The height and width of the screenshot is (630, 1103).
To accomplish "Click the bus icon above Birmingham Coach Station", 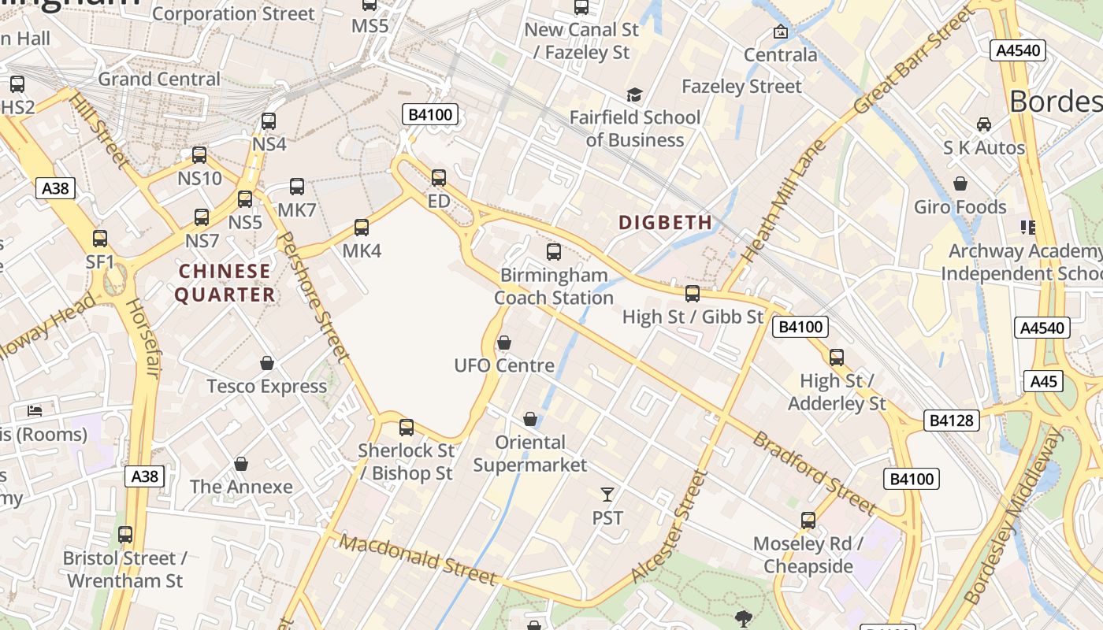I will point(554,252).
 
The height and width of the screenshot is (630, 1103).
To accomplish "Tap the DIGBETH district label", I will point(666,223).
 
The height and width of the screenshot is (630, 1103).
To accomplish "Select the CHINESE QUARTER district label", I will point(225,283).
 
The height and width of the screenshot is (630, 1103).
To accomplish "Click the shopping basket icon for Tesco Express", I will point(267,363).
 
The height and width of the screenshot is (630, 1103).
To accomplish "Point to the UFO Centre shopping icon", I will point(504,343).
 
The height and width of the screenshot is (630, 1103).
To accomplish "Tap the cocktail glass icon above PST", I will point(607,495).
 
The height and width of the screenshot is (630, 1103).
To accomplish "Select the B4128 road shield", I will point(953,421).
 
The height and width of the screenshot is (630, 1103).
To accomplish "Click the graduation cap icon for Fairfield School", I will point(634,95).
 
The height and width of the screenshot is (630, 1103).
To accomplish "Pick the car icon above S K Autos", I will point(984,124).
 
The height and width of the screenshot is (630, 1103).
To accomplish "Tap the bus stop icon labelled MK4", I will point(362,228).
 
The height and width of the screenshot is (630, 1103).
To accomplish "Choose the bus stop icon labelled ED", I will point(439,178).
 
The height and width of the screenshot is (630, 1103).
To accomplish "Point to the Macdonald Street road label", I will point(420,561).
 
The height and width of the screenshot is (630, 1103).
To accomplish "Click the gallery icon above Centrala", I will point(781,31).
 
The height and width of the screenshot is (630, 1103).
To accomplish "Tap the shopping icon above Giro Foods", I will point(960,184).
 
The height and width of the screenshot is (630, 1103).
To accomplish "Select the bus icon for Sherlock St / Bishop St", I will point(407,428).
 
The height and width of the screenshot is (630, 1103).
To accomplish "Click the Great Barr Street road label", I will point(915,61).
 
